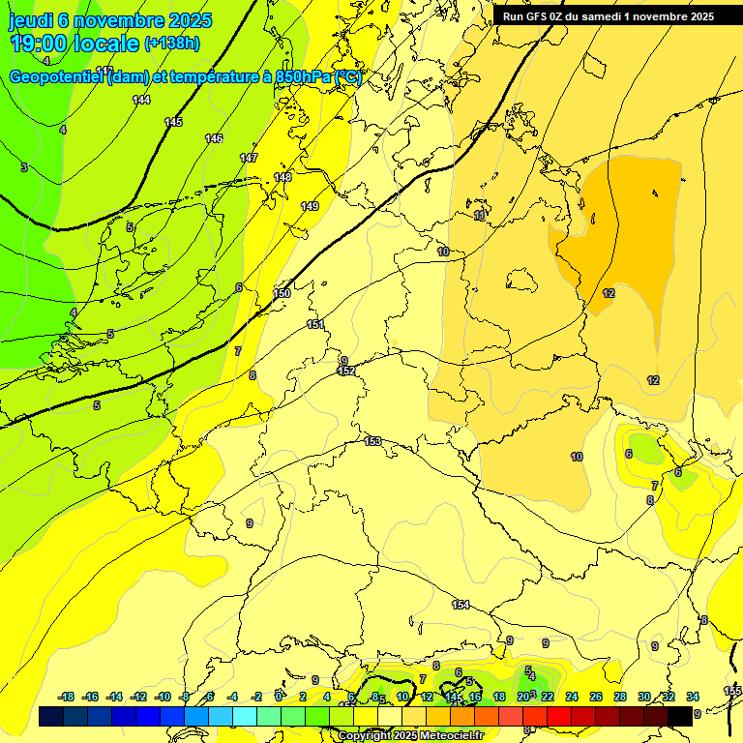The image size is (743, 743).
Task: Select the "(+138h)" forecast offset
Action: (172, 44)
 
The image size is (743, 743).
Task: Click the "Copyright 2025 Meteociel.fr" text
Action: (409, 736)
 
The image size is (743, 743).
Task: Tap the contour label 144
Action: (141, 101)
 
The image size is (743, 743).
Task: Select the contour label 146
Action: (214, 139)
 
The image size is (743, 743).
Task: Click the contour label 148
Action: (282, 178)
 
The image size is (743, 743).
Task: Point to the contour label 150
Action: (282, 293)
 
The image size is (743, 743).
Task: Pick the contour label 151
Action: (315, 325)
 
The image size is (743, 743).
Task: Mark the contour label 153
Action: (372, 442)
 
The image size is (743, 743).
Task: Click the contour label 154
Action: (461, 605)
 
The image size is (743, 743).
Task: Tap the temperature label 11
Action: (480, 216)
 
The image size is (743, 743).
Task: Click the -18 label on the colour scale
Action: (67, 697)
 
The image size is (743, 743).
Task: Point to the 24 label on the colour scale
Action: (571, 697)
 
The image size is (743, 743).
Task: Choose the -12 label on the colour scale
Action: (138, 697)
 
